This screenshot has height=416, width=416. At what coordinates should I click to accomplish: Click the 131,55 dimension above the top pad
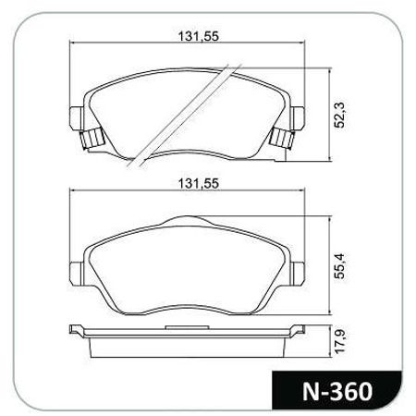pyautogui.click(x=199, y=36)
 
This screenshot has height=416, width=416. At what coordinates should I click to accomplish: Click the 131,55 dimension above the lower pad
pyautogui.click(x=199, y=184)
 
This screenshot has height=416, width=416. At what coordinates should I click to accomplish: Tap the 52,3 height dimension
pyautogui.click(x=340, y=115)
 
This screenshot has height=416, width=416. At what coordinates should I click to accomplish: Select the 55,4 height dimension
pyautogui.click(x=340, y=266)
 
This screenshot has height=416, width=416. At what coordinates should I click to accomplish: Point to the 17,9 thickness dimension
pyautogui.click(x=340, y=341)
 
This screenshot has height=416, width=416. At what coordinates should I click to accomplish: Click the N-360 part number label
pyautogui.click(x=337, y=392)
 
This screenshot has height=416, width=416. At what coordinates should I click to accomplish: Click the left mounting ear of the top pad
pyautogui.click(x=76, y=118)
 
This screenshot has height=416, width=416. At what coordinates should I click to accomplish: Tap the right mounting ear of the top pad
pyautogui.click(x=298, y=118)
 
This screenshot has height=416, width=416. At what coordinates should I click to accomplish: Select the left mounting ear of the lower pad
pyautogui.click(x=76, y=274)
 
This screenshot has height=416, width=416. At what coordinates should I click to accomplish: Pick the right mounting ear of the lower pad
pyautogui.click(x=298, y=274)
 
